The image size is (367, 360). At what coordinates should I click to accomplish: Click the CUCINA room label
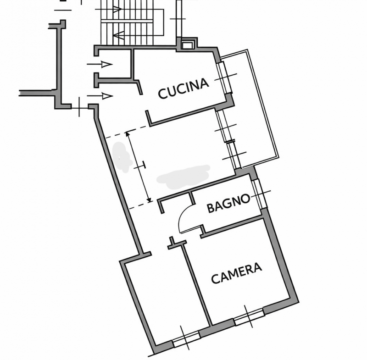pyautogui.click(x=183, y=89)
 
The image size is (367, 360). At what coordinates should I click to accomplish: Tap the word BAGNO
pyautogui.click(x=228, y=204)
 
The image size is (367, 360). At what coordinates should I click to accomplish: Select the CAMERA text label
pyautogui.click(x=236, y=273)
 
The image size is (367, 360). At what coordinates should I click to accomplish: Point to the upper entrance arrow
pyautogui.click(x=100, y=64)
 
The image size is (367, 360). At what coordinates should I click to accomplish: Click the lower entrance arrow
pyautogui.click(x=100, y=96)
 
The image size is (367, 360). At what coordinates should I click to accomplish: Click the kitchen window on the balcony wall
pyautogui.click(x=224, y=78)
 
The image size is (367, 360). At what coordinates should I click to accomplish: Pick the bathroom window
pyautogui.click(x=260, y=194)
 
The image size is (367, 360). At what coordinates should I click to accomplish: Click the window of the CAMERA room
pyautogui.click(x=249, y=317)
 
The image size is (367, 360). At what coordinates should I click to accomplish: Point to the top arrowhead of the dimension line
pyautogui.click(x=127, y=134)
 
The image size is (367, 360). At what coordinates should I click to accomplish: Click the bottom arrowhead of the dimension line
pyautogui.click(x=149, y=200)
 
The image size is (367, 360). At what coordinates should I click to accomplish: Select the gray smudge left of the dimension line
pyautogui.click(x=122, y=157)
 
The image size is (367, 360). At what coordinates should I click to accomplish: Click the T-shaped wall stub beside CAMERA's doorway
pyautogui.click(x=176, y=243)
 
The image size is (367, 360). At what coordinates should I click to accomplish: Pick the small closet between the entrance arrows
pyautogui.click(x=115, y=64)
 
